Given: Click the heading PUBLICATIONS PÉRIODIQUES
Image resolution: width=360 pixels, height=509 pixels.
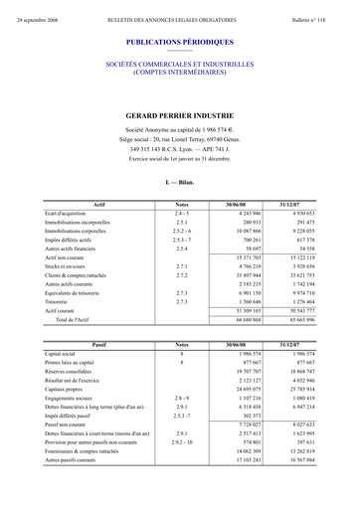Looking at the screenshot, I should point(180,44).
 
